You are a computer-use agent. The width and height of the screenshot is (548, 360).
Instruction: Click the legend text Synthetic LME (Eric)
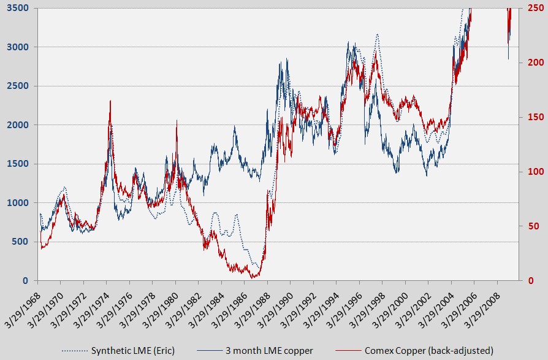[x=133, y=350]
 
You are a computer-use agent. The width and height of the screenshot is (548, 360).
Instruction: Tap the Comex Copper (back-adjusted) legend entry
[x=428, y=350]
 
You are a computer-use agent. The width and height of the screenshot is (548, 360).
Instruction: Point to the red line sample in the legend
[x=347, y=351]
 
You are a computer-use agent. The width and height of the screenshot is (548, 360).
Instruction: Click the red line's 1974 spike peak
[x=110, y=101]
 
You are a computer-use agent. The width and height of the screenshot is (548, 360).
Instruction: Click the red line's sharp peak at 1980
[x=177, y=121]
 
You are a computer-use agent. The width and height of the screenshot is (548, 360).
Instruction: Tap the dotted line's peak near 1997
[x=377, y=34]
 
